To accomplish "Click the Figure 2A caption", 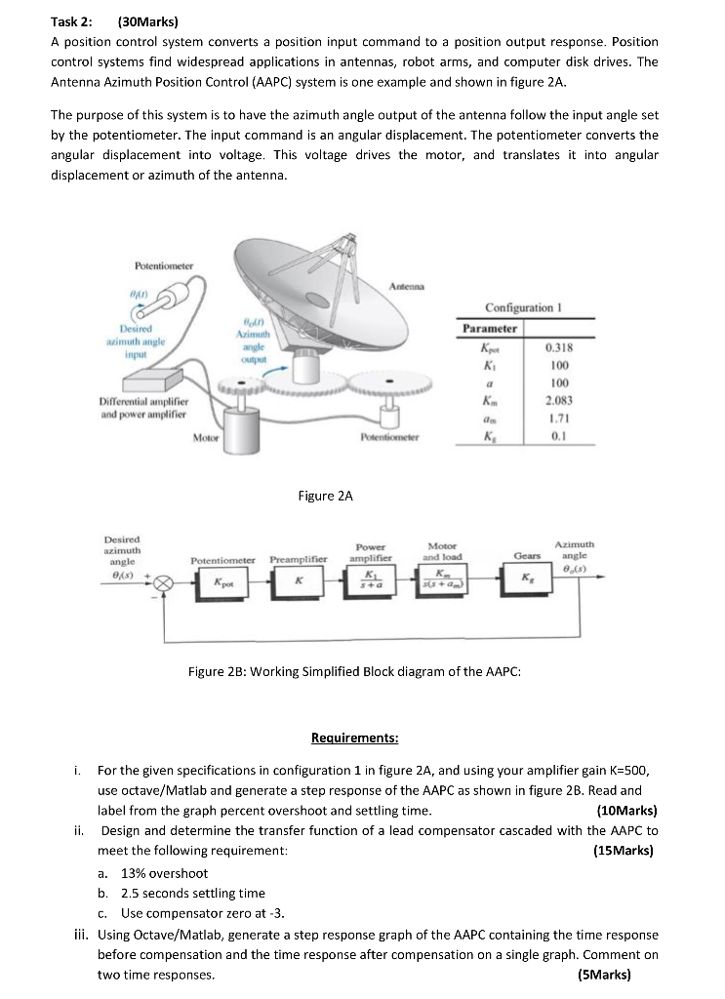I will (x=325, y=497).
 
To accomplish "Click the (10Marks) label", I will (x=626, y=810).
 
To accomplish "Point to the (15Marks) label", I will (x=623, y=851).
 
